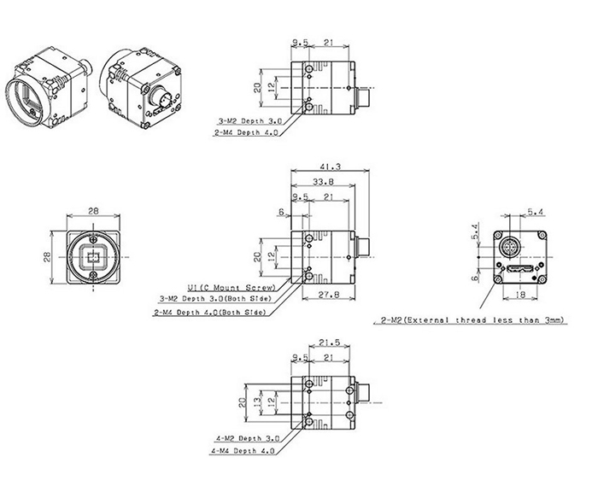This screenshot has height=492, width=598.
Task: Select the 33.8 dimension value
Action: (324, 182)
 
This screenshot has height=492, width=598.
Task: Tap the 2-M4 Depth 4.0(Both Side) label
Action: (208, 312)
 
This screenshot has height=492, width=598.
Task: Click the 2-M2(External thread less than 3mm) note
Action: (469, 319)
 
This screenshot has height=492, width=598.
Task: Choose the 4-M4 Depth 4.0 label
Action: (243, 451)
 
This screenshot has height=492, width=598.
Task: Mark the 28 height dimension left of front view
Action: (48, 255)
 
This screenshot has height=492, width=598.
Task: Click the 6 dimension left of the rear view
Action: (472, 277)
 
